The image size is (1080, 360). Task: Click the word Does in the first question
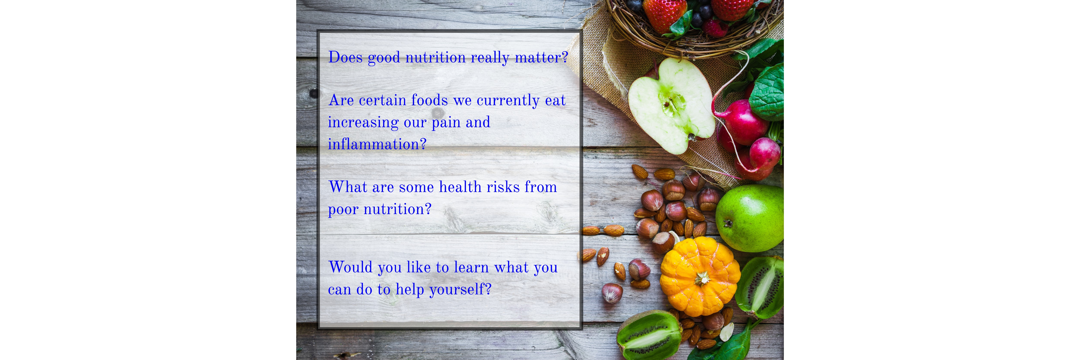(x=345, y=57)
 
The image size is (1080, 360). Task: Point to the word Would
(x=351, y=267)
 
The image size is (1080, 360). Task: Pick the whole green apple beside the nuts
(x=749, y=218)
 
